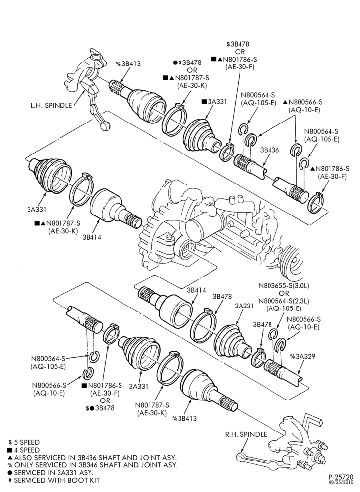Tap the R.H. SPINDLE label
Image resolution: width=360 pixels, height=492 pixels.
[246, 434]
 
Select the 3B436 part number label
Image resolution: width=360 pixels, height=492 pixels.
[270, 150]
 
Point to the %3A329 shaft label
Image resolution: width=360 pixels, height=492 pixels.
[302, 356]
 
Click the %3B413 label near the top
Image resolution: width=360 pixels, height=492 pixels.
[128, 64]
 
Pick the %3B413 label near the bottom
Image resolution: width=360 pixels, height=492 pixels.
[184, 418]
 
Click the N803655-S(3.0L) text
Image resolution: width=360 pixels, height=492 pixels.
[284, 286]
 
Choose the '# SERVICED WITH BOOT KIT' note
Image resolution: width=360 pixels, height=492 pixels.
[54, 480]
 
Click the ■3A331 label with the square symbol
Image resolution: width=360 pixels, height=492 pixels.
[214, 102]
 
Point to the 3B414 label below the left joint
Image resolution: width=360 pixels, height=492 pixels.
[91, 237]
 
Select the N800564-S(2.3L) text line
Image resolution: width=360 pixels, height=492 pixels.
[284, 301]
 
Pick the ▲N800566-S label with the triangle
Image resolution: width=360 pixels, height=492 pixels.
[302, 102]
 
